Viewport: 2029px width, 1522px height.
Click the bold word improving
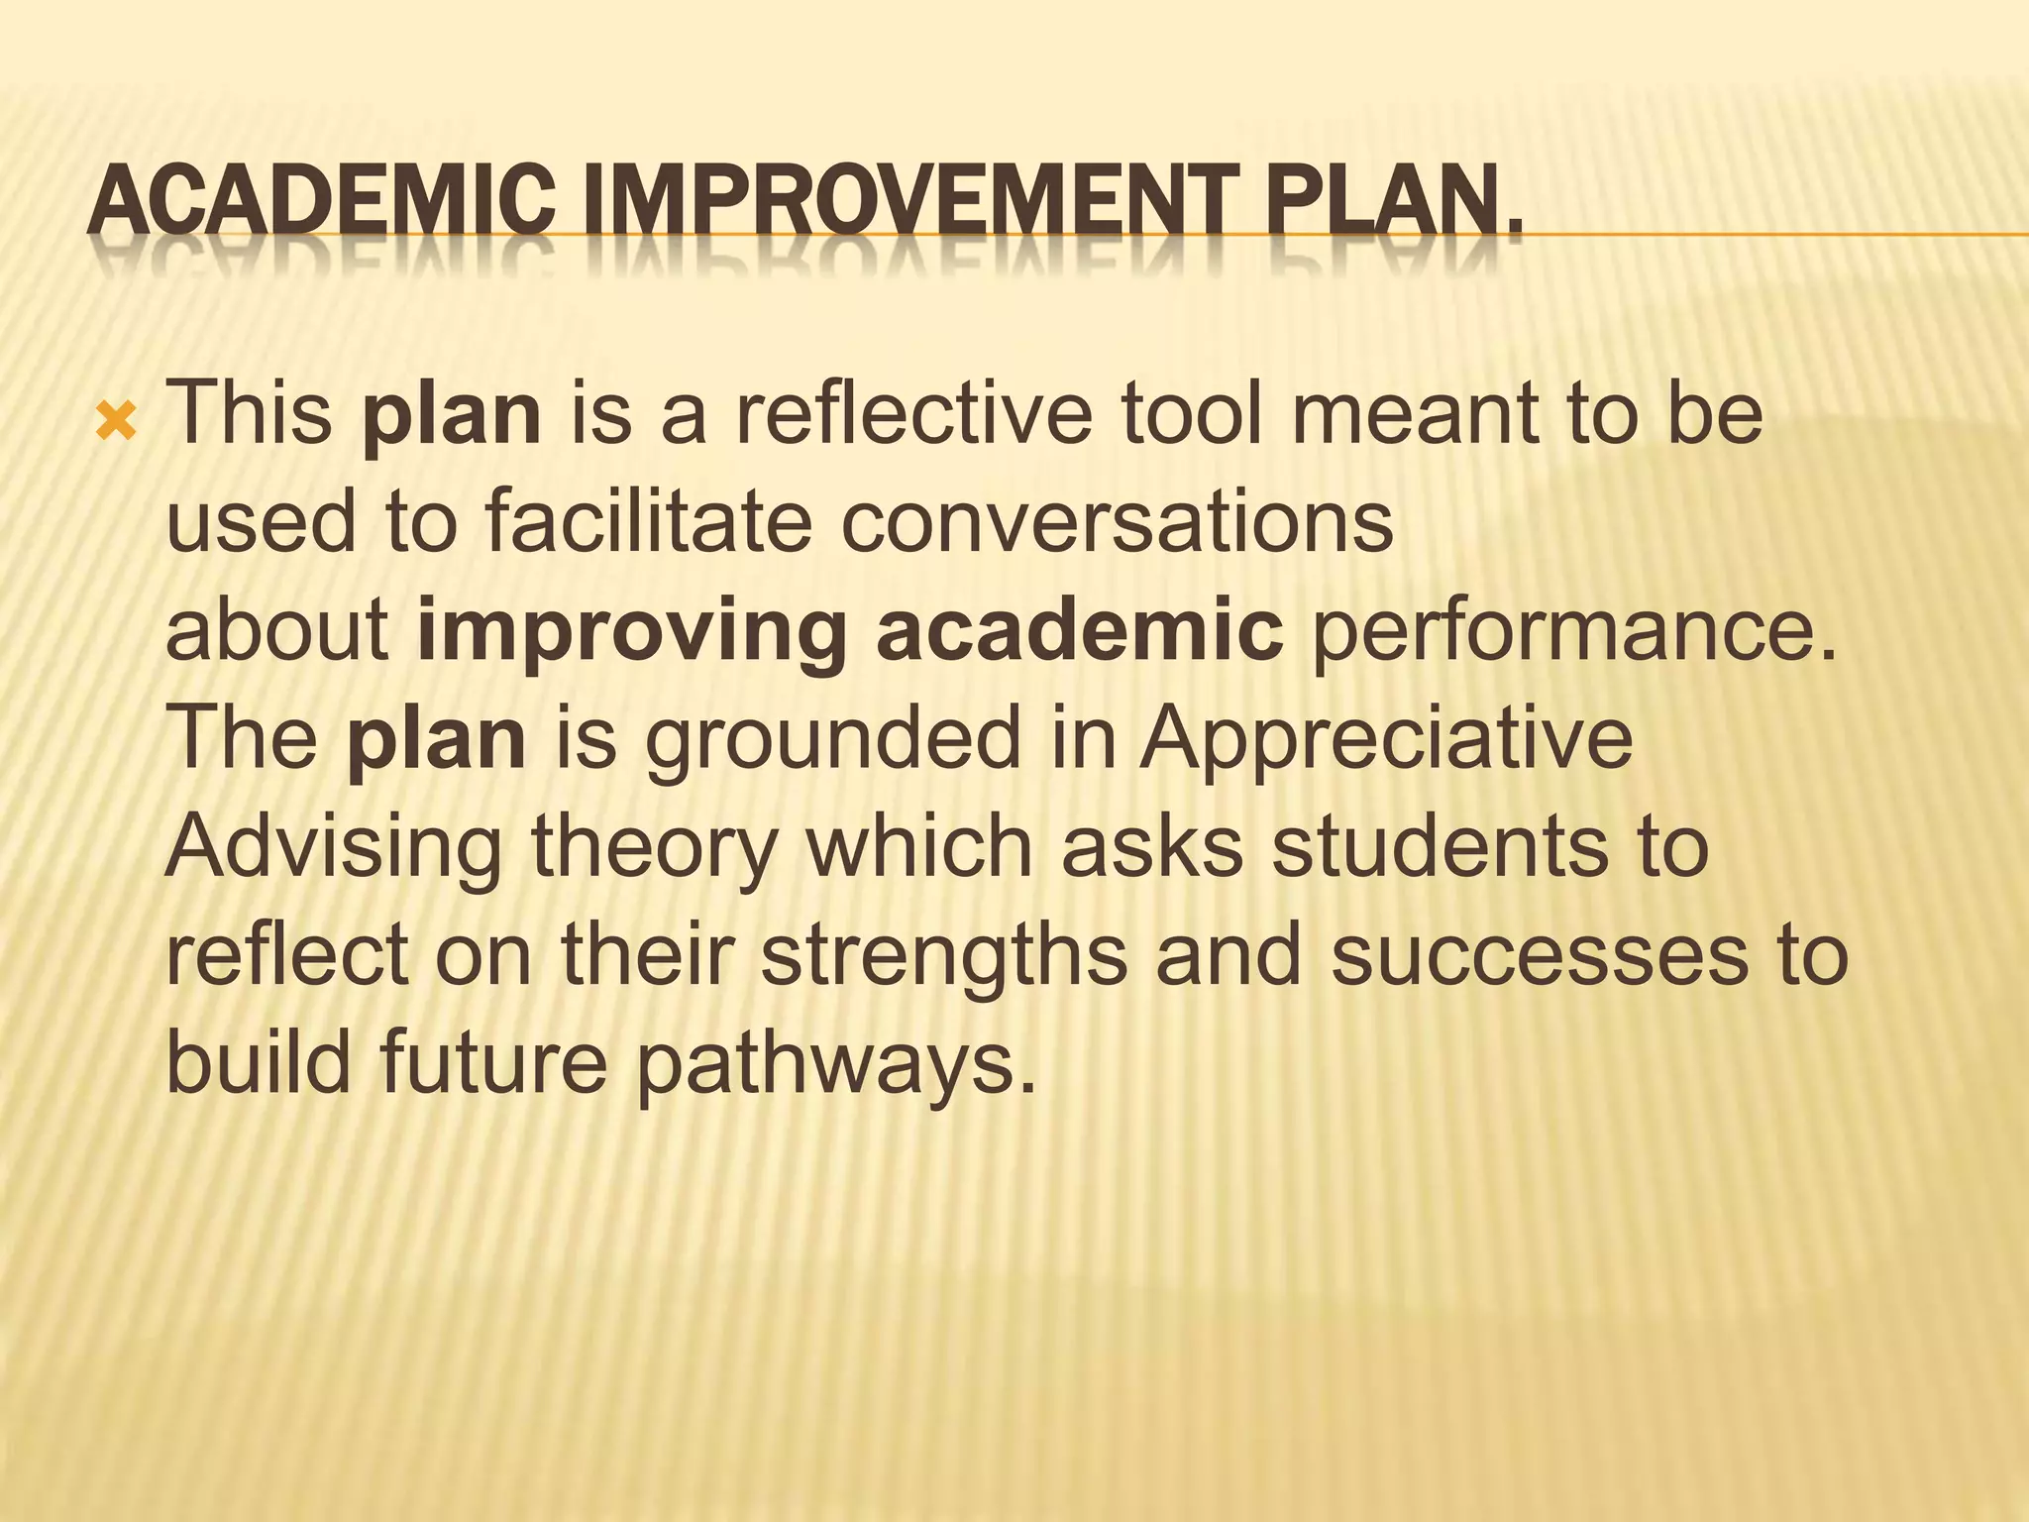point(632,631)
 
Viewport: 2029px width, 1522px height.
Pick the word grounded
point(831,740)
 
